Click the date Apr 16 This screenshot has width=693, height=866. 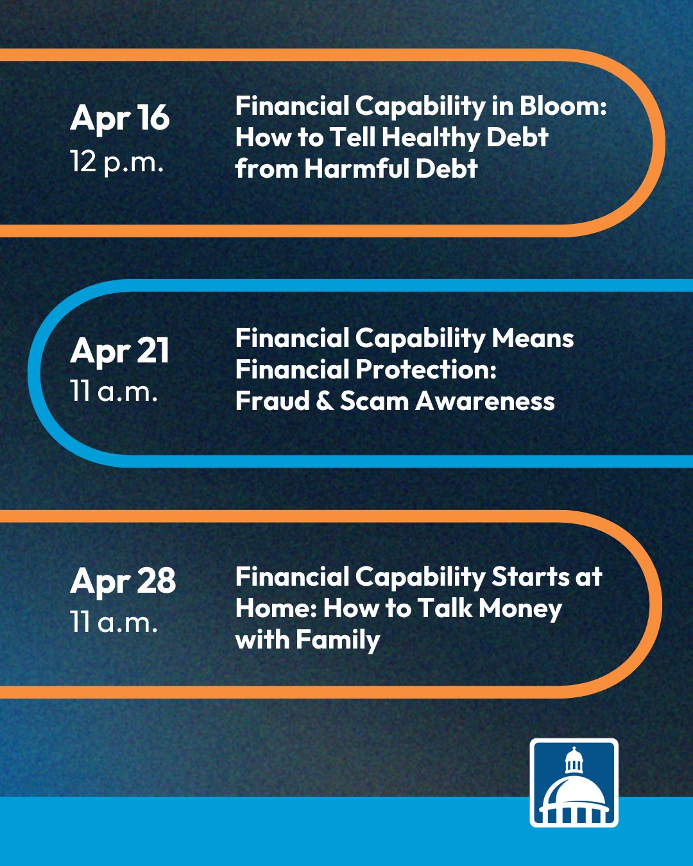tap(119, 119)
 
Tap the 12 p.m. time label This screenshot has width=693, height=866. tap(117, 162)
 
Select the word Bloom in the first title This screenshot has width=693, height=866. tap(563, 106)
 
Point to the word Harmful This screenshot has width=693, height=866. tap(357, 168)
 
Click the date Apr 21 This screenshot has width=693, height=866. tap(119, 352)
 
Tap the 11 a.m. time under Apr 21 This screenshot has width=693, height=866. tap(114, 391)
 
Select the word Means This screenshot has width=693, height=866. tap(533, 339)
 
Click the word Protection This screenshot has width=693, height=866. tap(426, 369)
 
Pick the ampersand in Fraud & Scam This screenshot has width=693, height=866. tap(325, 401)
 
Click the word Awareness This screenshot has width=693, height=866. tap(485, 401)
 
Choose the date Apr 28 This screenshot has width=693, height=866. tap(123, 581)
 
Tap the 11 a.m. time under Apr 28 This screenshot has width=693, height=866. tap(114, 622)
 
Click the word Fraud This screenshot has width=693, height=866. tap(272, 401)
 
